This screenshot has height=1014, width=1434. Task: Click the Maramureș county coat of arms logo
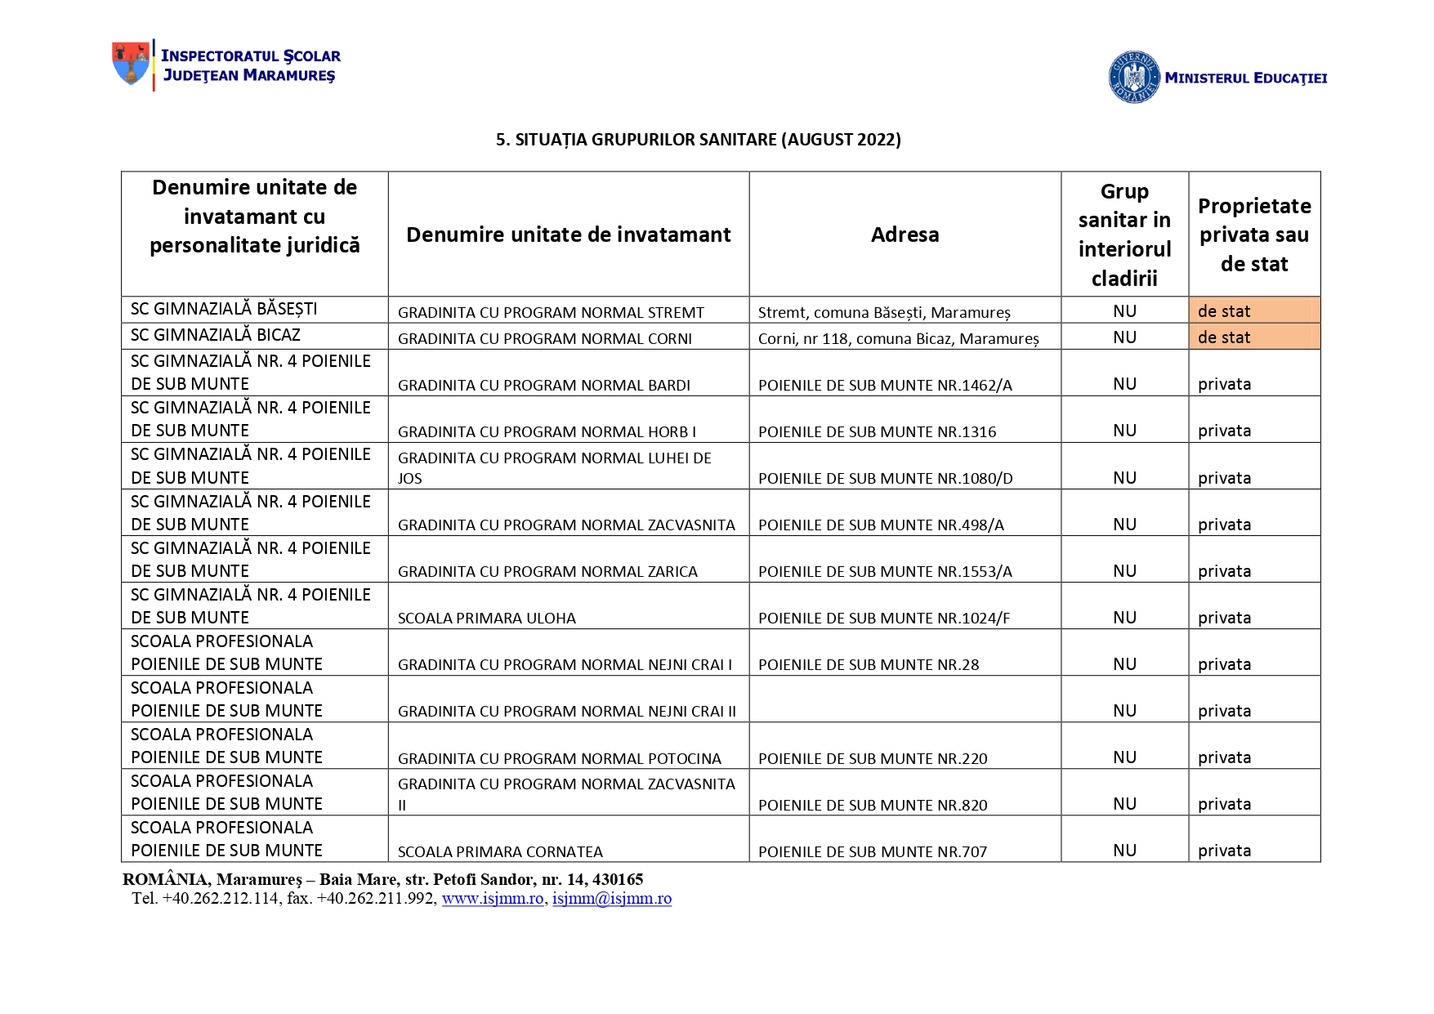pos(131,64)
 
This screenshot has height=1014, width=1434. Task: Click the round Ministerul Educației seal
pos(1133,78)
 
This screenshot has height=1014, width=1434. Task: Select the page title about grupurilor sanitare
pos(698,140)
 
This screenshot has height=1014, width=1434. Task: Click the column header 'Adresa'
pos(905,235)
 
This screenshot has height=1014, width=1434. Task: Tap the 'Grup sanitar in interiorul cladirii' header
pos(1124,235)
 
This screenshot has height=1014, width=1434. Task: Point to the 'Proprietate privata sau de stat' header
pos(1254,235)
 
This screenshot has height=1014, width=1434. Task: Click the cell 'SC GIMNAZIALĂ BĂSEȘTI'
pos(224,309)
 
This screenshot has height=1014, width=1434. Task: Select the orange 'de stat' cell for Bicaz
pos(1253,337)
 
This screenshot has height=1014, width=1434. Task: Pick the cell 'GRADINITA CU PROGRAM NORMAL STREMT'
pos(551,312)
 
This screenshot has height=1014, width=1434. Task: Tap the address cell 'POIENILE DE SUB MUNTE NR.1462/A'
pos(885,385)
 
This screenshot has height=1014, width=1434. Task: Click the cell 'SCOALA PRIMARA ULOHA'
pos(486,618)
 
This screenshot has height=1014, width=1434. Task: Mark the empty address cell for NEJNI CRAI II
pos(905,699)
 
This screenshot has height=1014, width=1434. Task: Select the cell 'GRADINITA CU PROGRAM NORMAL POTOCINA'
pos(559,758)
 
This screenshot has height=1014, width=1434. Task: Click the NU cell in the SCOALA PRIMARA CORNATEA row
pos(1124,851)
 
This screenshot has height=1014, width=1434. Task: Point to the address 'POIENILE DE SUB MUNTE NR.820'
pos(873,805)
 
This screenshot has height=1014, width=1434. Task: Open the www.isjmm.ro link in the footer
pos(493,899)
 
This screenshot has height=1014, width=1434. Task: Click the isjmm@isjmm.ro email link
pos(612,899)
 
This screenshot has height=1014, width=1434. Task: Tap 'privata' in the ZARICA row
pos(1224,571)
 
